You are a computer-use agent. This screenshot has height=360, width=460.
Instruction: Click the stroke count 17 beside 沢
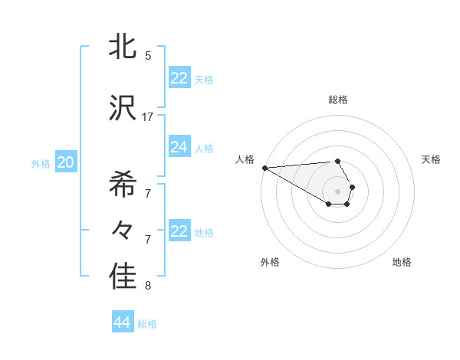coord(148,117)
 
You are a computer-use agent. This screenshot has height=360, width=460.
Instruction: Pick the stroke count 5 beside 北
coord(148,55)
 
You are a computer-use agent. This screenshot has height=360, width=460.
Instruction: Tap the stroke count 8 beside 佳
coord(148,286)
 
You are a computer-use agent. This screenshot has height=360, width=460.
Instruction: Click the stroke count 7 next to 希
coord(148,193)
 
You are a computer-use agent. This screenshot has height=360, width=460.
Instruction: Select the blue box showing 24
coord(179,147)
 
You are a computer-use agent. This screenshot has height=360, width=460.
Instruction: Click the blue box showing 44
coord(122,322)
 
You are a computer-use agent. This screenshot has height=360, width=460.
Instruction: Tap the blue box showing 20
coord(65,162)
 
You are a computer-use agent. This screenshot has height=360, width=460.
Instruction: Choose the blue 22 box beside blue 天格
coord(179,78)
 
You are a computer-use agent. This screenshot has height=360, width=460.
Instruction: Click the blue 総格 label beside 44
coord(147,324)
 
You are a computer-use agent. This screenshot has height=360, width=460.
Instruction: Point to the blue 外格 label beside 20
coord(41,163)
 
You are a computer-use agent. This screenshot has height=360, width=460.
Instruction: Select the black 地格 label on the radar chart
coord(402,262)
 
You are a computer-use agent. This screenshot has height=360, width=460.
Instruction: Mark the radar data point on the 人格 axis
coord(264,168)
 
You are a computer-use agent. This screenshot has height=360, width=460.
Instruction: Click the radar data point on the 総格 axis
coord(337,161)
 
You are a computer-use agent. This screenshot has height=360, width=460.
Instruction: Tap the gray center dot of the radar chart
coord(337,191)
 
